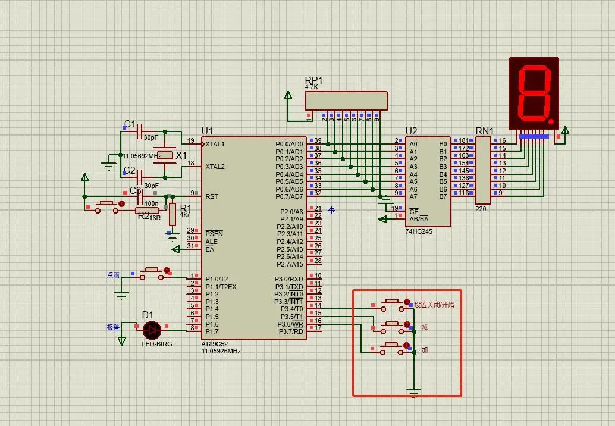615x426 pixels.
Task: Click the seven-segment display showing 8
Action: coord(534,93)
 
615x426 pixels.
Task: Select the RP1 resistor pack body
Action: coord(346,101)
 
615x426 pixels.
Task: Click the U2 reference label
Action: coord(411,131)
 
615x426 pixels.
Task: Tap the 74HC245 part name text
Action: coord(419,231)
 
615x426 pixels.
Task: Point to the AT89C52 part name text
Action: coord(214,344)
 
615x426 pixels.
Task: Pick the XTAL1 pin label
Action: coord(215,144)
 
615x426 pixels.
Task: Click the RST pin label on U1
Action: coord(212,196)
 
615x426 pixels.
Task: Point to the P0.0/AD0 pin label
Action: coord(289,144)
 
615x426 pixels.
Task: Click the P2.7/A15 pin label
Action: coord(290,264)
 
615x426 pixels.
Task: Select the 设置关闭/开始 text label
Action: coord(434,305)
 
